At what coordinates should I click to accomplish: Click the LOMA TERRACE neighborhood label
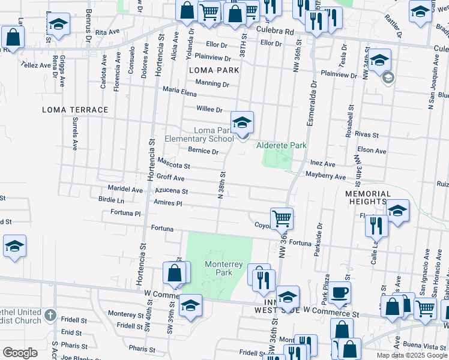click(x=75, y=110)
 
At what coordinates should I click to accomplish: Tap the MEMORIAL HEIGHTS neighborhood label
click(x=367, y=198)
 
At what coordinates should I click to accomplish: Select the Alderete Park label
click(x=282, y=145)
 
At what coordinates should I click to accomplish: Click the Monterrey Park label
click(x=223, y=268)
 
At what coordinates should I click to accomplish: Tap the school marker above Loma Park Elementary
click(x=243, y=122)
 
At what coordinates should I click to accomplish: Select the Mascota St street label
click(x=174, y=163)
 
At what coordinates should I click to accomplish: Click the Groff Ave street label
click(x=170, y=178)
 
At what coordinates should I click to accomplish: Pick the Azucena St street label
click(x=171, y=191)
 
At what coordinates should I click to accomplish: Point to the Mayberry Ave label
click(x=325, y=176)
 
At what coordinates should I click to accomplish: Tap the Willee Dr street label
click(x=209, y=109)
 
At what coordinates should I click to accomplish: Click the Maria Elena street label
click(x=180, y=91)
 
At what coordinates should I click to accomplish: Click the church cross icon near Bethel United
click(x=50, y=314)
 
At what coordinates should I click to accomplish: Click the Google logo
click(x=20, y=352)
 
